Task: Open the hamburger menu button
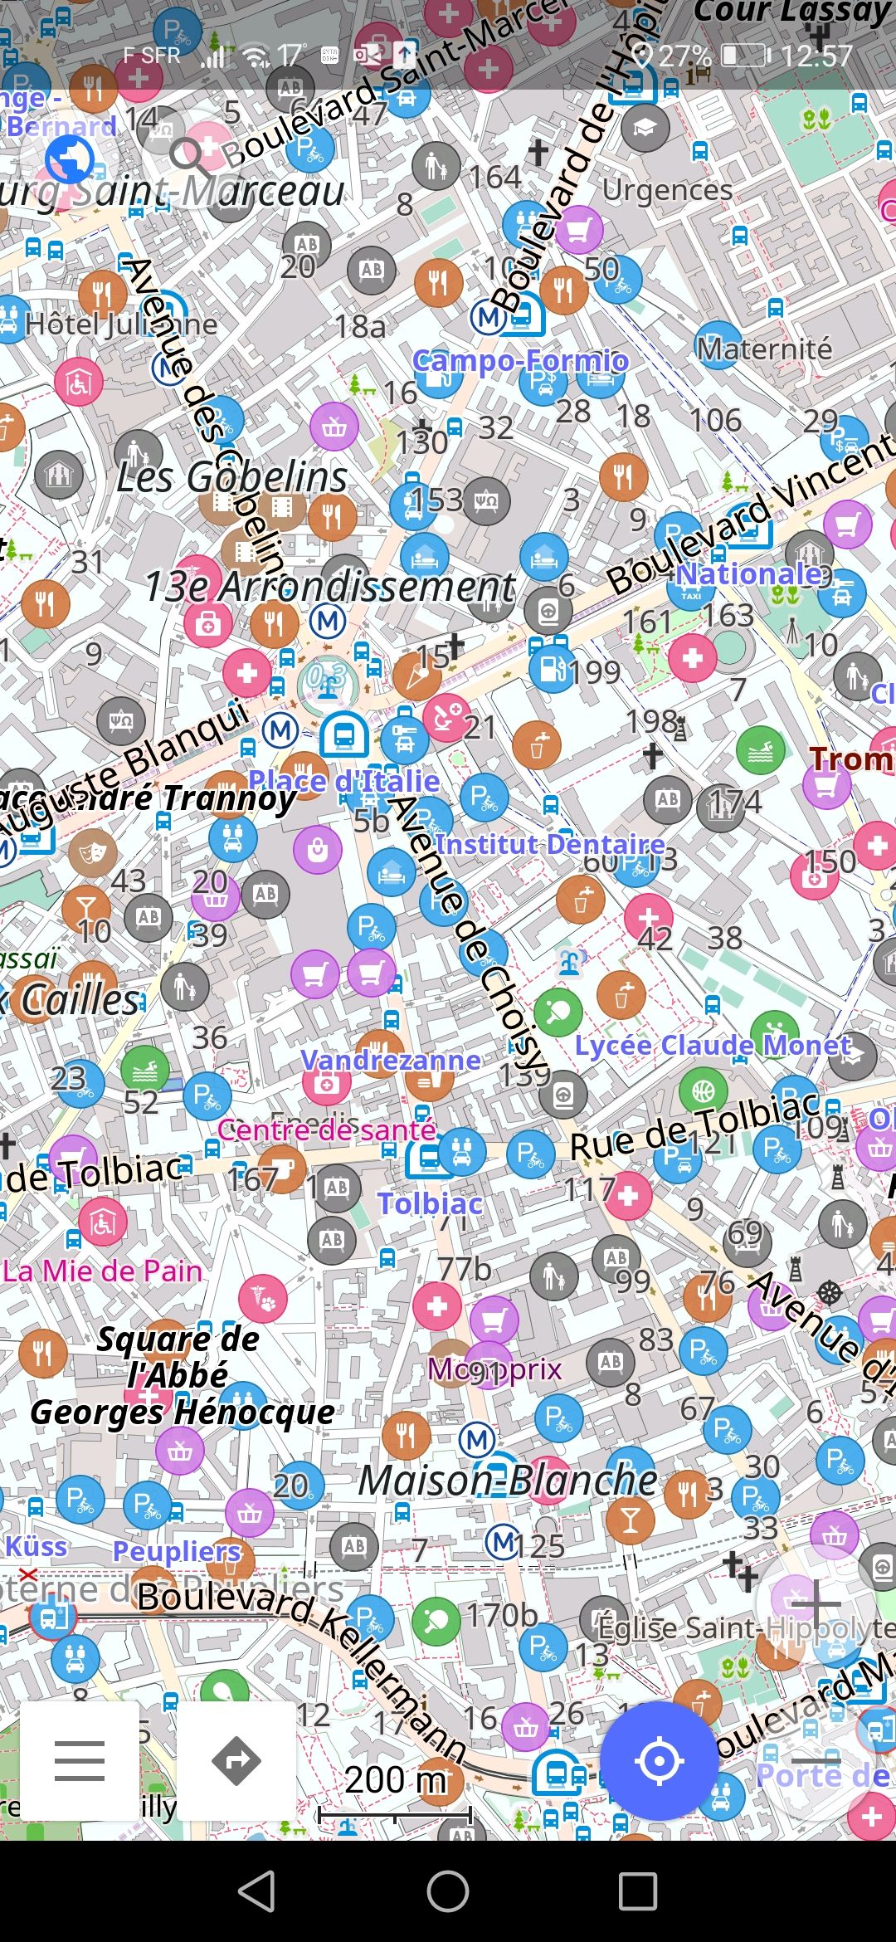click(80, 1760)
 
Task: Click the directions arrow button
click(236, 1760)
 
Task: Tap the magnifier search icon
click(188, 155)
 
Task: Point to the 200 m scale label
click(396, 1779)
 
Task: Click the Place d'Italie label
click(344, 780)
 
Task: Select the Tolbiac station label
click(430, 1203)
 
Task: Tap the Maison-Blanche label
click(508, 1481)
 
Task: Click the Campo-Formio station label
click(521, 360)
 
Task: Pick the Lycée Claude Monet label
click(713, 1045)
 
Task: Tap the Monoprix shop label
click(494, 1369)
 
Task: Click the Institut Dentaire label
click(551, 844)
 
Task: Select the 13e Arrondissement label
click(330, 587)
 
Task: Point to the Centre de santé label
click(327, 1130)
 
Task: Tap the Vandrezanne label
click(391, 1060)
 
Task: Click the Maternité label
click(764, 349)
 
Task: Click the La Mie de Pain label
click(102, 1271)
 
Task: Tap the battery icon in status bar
click(743, 56)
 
